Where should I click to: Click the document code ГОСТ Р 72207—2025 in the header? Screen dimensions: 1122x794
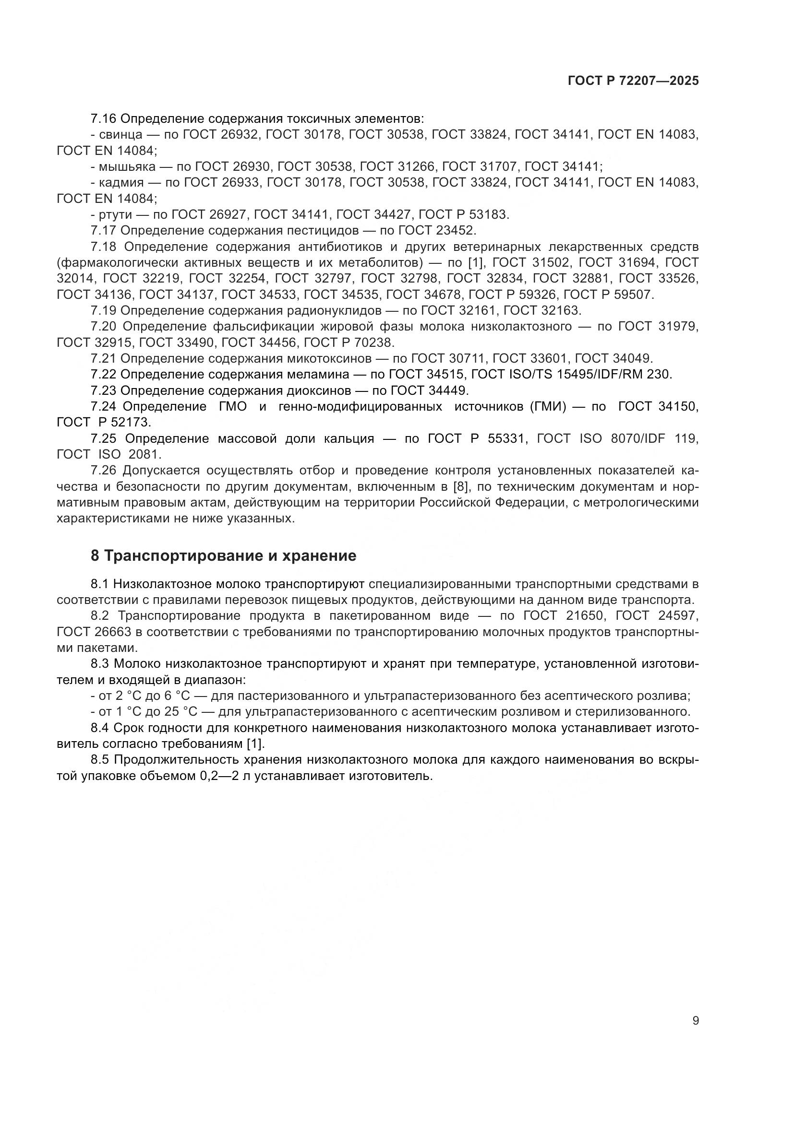(x=633, y=81)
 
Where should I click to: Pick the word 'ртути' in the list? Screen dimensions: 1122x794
(x=115, y=214)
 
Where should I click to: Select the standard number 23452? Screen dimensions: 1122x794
(x=455, y=230)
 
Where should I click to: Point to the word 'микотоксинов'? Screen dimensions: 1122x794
(x=328, y=358)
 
